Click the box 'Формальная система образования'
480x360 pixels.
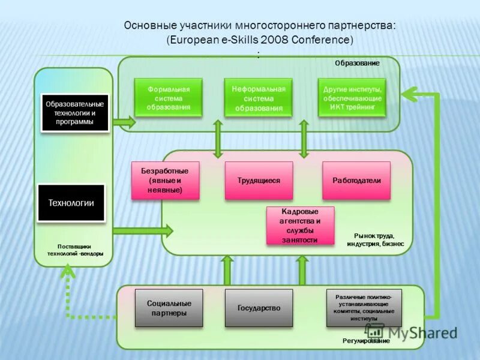coord(169,98)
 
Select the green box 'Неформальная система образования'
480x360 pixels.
coord(258,98)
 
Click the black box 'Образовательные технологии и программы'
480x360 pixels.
coord(75,113)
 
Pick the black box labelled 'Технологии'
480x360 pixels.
coord(71,202)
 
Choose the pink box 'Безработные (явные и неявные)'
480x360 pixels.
coord(164,180)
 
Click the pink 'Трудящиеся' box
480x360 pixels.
coord(259,180)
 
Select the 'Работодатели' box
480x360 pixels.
coord(356,180)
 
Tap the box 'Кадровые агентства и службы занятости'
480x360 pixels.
coord(300,226)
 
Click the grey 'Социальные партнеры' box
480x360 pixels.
coord(169,308)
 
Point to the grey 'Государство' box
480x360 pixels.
coord(259,308)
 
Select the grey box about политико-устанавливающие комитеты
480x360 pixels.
coord(364,308)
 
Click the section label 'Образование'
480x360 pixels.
coord(357,62)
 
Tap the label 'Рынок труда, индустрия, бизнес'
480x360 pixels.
coord(375,240)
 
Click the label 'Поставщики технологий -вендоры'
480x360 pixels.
coord(75,250)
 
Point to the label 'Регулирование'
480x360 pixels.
coord(366,341)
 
